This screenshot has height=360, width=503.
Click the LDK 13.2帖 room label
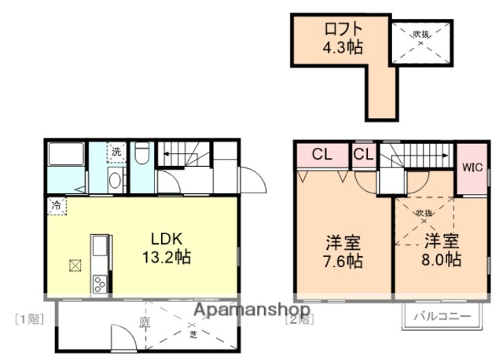[166, 247]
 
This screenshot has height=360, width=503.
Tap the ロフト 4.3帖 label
[343, 38]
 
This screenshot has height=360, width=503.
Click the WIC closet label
[472, 167]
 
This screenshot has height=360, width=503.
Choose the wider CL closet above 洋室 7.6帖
[322, 154]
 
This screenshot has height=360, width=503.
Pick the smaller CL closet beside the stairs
[363, 154]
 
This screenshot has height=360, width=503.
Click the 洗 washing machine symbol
[116, 152]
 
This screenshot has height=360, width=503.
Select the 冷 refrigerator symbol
[57, 205]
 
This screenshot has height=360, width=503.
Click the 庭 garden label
[144, 321]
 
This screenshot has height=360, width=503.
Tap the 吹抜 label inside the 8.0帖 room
[425, 213]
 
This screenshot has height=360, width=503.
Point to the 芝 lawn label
[193, 333]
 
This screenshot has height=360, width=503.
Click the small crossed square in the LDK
[75, 265]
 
